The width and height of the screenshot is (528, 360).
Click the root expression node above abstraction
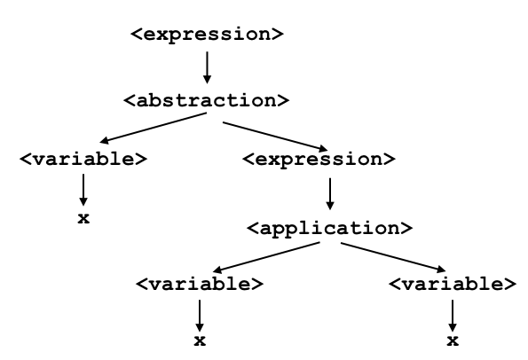[207, 35]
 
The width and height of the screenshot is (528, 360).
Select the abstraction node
[207, 100]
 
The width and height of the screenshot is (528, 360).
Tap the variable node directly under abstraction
[83, 159]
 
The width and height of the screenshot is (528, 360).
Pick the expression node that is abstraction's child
[319, 159]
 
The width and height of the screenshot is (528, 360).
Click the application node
[329, 229]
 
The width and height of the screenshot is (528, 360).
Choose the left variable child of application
[200, 285]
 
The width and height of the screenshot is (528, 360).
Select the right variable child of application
[453, 285]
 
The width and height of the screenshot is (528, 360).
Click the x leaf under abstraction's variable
[83, 219]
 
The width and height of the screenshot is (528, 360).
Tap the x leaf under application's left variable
[200, 341]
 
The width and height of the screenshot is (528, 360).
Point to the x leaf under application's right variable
[453, 341]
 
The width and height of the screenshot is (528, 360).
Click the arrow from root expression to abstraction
[207, 67]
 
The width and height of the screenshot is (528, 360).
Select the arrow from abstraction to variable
[154, 128]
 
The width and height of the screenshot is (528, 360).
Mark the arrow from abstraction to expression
[275, 137]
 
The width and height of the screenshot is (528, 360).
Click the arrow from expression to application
[330, 194]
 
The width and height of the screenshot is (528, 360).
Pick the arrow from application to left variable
[266, 257]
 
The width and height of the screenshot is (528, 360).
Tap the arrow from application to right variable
[393, 257]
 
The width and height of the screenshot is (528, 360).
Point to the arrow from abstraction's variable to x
[83, 190]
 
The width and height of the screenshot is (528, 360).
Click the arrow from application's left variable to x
[200, 316]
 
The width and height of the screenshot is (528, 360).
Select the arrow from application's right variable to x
[453, 316]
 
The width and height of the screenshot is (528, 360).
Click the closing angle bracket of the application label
[406, 229]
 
